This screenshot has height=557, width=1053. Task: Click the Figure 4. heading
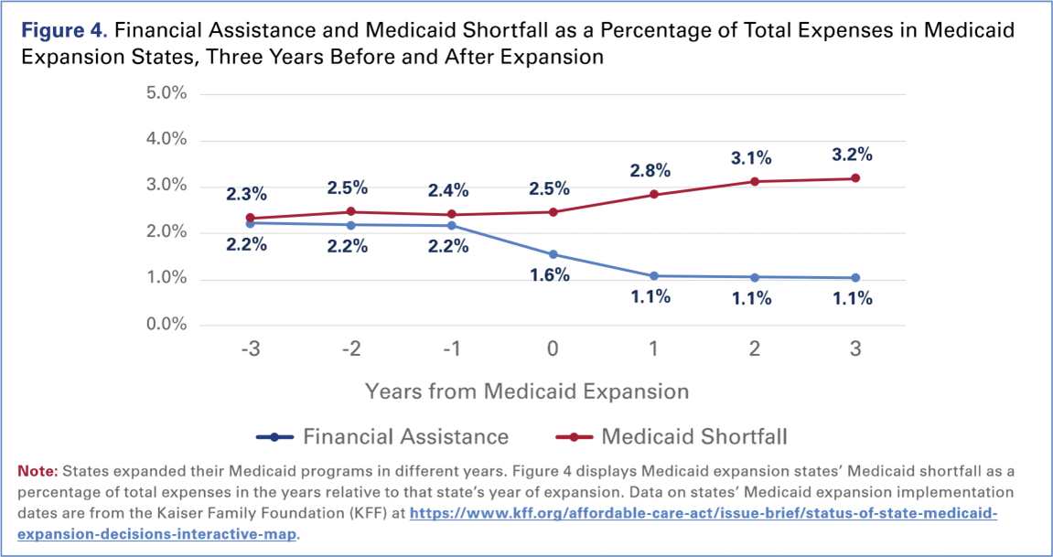[x=63, y=32]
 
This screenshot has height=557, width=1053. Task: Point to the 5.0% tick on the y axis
[x=166, y=94]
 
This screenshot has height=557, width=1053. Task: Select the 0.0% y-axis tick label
[x=166, y=325]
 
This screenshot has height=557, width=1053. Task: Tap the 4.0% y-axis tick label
[x=166, y=140]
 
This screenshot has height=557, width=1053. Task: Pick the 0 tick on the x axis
[x=552, y=350]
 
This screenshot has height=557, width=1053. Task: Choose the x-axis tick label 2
[x=754, y=350]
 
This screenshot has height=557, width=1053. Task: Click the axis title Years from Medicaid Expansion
[x=526, y=391]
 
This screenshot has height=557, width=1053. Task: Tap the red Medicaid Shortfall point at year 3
[x=855, y=178]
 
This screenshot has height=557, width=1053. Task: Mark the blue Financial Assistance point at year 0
[x=552, y=254]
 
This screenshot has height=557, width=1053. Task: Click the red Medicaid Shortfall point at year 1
[x=653, y=194]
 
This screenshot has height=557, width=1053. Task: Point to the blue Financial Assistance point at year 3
[x=855, y=278]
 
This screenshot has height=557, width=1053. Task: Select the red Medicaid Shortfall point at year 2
[x=754, y=181]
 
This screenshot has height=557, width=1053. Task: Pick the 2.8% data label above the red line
[x=650, y=170]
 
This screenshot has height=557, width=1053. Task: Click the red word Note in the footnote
[x=37, y=471]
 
